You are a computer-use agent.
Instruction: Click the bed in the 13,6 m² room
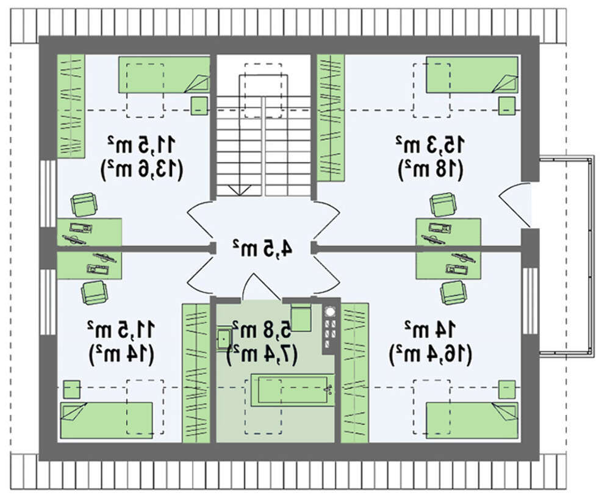pyautogui.click(x=163, y=74)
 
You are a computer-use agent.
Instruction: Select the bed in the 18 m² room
pyautogui.click(x=472, y=74)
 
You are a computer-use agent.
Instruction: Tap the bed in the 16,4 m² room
pyautogui.click(x=472, y=420)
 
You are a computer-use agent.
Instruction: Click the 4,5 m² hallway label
pyautogui.click(x=262, y=247)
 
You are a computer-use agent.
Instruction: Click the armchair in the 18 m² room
pyautogui.click(x=442, y=204)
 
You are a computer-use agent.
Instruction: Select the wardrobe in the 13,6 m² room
pyautogui.click(x=71, y=105)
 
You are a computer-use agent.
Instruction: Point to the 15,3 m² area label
pyautogui.click(x=432, y=145)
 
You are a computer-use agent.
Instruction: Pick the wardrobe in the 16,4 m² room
pyautogui.click(x=354, y=372)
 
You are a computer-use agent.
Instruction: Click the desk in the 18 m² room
pyautogui.click(x=448, y=231)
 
